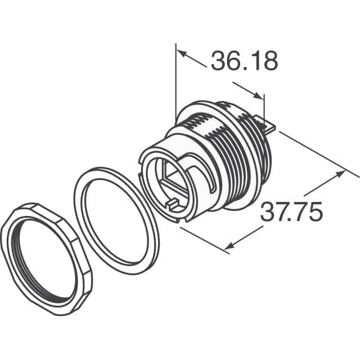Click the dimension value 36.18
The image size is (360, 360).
coord(244,61)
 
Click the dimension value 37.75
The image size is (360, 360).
coord(291,213)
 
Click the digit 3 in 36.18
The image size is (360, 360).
coord(218,61)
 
